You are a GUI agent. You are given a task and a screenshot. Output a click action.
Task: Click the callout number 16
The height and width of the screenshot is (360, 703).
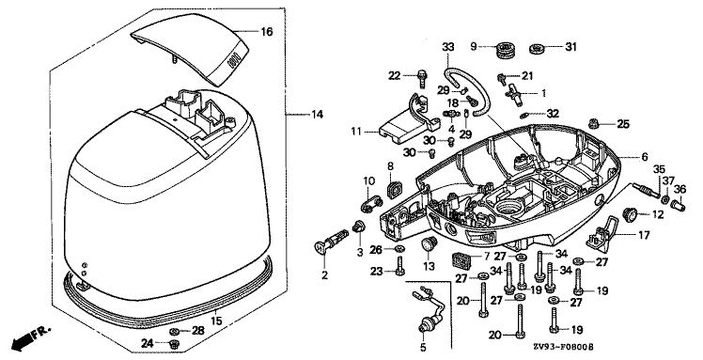[266, 32]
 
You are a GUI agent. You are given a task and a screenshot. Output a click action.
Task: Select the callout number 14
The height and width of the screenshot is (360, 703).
[317, 115]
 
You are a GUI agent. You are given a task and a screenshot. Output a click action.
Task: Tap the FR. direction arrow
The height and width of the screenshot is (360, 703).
[29, 337]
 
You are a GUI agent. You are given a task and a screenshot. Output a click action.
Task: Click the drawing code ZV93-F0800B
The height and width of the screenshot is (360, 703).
[563, 347]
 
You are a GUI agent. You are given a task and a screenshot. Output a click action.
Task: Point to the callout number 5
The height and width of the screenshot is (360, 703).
[423, 348]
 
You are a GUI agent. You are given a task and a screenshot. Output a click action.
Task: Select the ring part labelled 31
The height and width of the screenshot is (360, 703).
[537, 48]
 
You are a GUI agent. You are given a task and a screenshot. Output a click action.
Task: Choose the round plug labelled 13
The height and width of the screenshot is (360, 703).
[428, 245]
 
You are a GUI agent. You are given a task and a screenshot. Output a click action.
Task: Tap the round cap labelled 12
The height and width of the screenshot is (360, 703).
[632, 214]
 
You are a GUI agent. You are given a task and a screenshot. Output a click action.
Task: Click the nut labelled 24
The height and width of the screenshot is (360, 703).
[173, 344]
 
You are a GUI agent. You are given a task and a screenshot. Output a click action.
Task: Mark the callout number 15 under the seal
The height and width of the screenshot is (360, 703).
[217, 321]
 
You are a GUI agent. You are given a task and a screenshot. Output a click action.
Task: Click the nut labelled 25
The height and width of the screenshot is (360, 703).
[594, 123]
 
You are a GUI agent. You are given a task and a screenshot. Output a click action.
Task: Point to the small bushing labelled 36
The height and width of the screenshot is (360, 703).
[678, 206]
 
